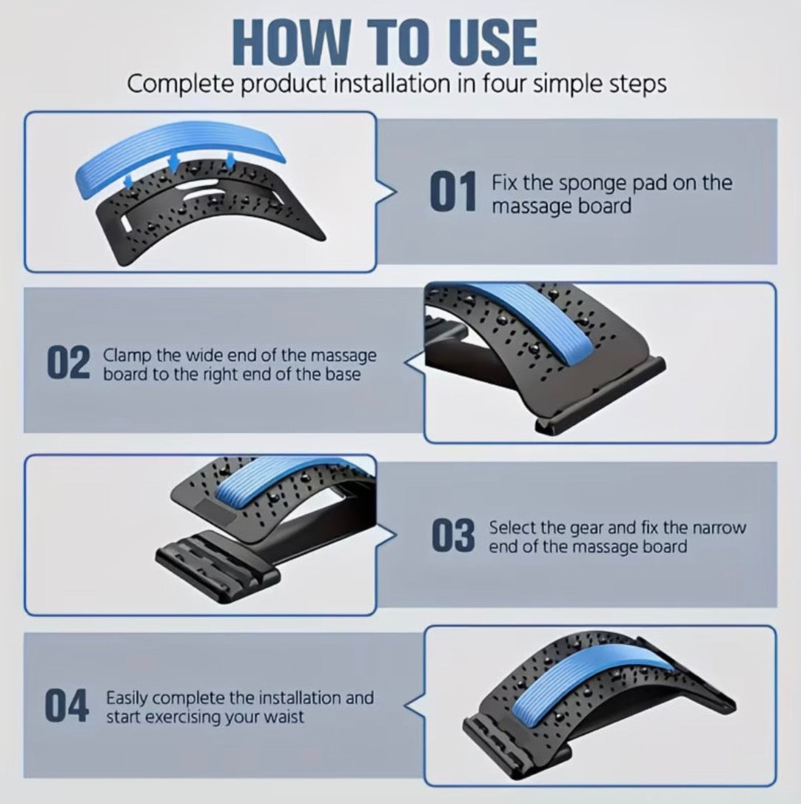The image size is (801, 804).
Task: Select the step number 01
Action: pos(453,192)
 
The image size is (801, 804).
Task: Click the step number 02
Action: pos(68,363)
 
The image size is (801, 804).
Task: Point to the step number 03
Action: pos(453,536)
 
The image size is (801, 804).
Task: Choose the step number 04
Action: pos(67,706)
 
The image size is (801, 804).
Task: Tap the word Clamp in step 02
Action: pos(127,356)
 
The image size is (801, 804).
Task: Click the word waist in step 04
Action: pos(284,717)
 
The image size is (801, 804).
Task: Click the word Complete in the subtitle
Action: pos(181,84)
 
